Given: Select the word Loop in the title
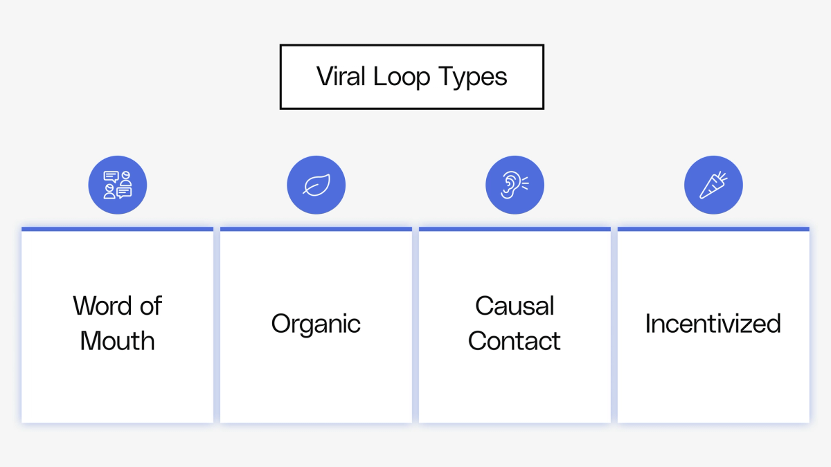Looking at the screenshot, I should pos(402,77).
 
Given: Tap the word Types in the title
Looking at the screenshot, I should pos(472,77).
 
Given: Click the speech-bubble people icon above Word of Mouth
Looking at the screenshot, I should pos(117,185).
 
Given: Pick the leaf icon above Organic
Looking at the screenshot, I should pos(316,185).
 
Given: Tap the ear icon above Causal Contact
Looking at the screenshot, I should pos(515,185).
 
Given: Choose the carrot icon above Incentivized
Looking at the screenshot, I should pos(713,185).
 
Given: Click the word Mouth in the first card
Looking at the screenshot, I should pos(117,341).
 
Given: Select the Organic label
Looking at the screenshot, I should pos(316,324).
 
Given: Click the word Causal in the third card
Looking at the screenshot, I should pos(515,306).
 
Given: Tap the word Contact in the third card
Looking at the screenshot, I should pos(515,341).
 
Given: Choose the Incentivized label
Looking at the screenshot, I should pos(713,324).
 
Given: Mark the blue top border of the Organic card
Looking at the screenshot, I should pos(316,229).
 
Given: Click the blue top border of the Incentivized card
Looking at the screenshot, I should pos(713,229).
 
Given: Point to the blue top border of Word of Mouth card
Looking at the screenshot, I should pos(117,229).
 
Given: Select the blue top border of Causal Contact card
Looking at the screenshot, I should pos(515,229).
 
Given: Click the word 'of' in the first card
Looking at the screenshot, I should pos(150,306).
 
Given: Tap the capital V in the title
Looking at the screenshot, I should pos(324,77).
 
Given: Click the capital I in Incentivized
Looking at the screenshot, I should pos(648,324).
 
